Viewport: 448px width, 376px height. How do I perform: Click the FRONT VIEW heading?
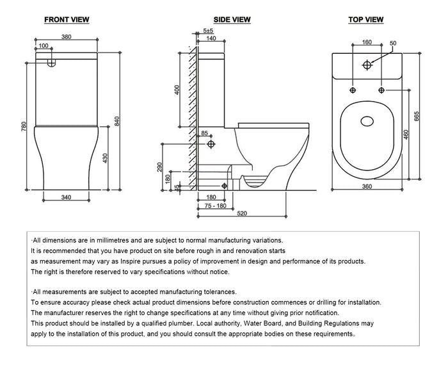[x=67, y=20]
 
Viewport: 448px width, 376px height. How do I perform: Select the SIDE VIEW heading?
[x=232, y=20]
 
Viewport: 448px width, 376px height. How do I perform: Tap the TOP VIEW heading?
[x=366, y=20]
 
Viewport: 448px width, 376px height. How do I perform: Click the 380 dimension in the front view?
[x=66, y=37]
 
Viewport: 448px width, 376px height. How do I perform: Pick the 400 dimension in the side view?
[x=177, y=90]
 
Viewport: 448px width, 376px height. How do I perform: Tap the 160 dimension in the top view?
[x=367, y=43]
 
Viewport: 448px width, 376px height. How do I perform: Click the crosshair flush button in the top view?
[x=367, y=65]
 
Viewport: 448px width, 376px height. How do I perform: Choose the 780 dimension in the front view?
[x=24, y=127]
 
